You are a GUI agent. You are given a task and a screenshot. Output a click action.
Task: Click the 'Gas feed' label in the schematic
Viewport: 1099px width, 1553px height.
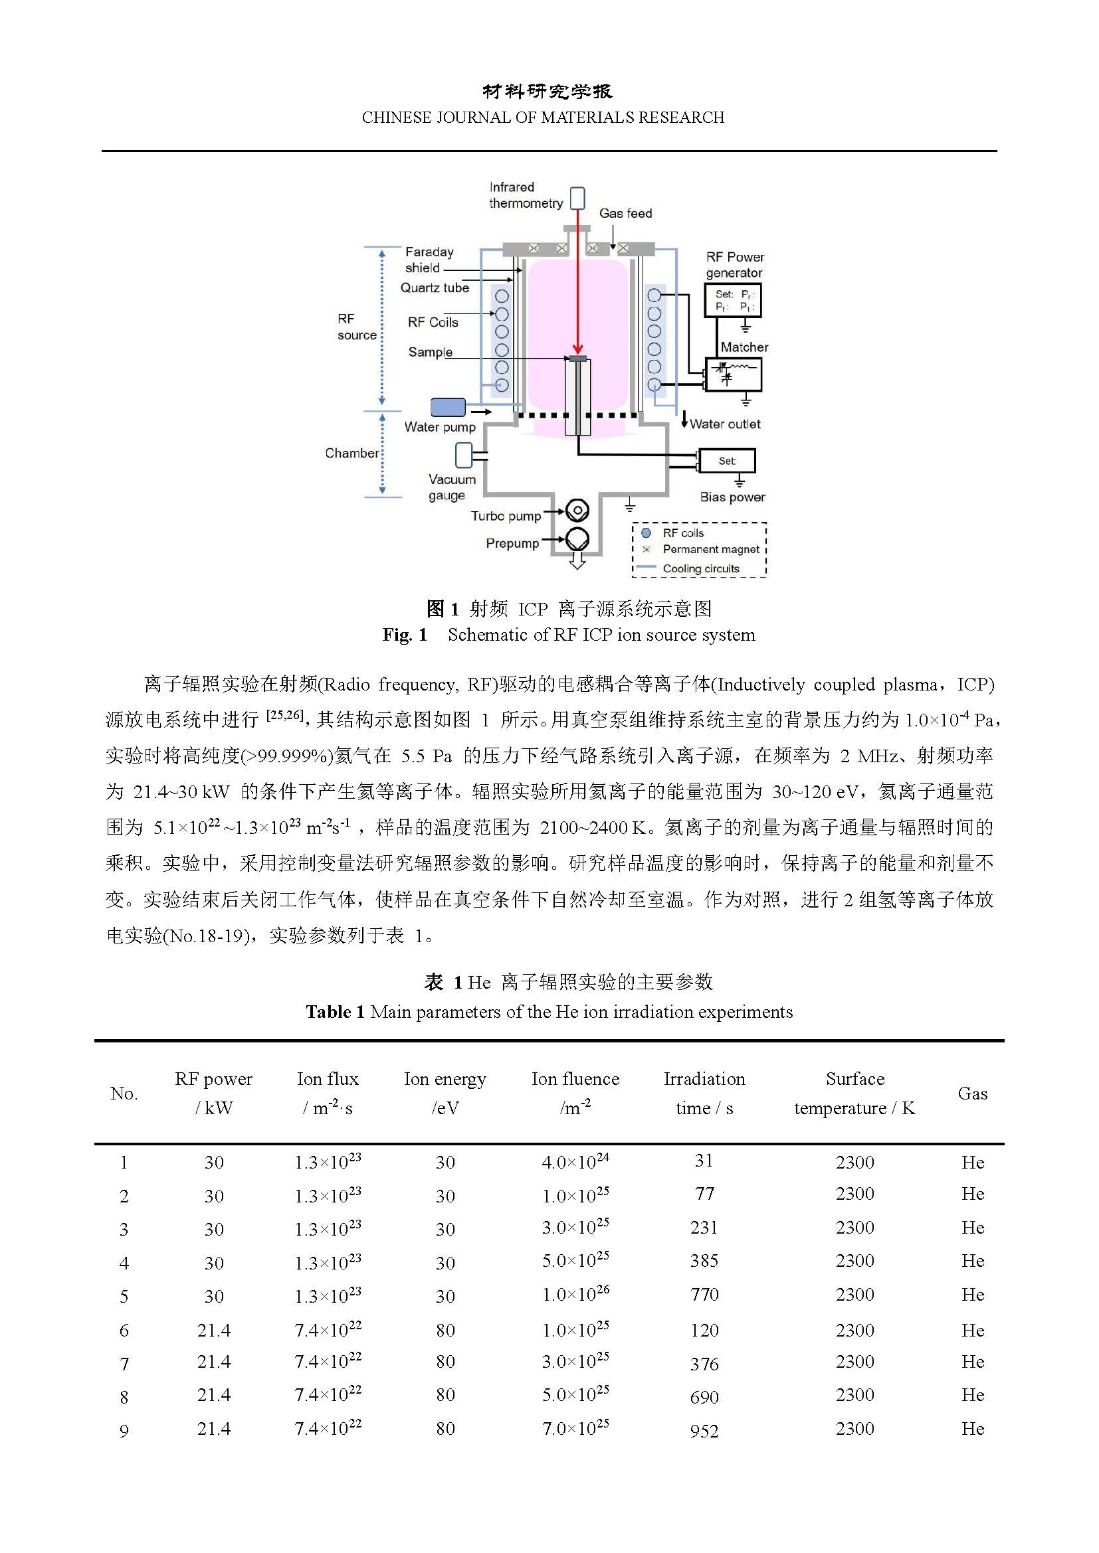(x=625, y=213)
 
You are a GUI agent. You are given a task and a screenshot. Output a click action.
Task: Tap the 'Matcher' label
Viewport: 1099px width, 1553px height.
(x=744, y=347)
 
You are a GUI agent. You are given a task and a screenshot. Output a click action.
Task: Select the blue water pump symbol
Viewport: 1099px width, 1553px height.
(x=448, y=407)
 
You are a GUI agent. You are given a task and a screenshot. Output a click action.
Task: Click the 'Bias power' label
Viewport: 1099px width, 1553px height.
(x=732, y=497)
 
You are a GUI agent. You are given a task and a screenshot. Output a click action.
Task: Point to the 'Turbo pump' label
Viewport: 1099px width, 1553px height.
(x=506, y=516)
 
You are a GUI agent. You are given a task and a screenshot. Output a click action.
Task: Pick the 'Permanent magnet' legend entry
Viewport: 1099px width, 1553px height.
(x=710, y=549)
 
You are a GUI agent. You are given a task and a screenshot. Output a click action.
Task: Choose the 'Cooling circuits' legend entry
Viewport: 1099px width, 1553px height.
(x=700, y=569)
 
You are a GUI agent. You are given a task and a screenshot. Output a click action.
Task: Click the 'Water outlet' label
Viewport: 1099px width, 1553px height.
(x=725, y=424)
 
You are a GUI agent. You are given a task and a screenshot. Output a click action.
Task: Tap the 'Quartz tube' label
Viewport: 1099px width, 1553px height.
(x=435, y=288)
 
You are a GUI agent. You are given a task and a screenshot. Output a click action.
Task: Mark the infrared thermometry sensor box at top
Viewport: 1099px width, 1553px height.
(x=577, y=198)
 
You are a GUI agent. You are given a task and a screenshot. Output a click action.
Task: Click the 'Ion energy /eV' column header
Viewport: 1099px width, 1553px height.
(x=445, y=1093)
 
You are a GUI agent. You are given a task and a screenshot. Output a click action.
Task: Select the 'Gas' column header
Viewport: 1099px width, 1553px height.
(x=973, y=1094)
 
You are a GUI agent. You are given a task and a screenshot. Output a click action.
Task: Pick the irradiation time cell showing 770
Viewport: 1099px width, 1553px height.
(x=704, y=1295)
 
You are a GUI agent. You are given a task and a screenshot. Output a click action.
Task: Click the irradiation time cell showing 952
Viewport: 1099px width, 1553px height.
(x=704, y=1431)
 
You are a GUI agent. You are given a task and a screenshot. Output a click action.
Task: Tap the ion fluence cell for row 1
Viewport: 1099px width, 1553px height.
(x=575, y=1162)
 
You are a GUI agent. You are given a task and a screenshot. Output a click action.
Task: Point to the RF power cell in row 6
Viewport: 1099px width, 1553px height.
(x=214, y=1331)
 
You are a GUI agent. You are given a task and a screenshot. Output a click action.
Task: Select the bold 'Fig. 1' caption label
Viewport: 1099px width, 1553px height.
(x=405, y=635)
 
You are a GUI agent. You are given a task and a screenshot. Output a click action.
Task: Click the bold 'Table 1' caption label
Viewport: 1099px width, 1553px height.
(x=335, y=1012)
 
